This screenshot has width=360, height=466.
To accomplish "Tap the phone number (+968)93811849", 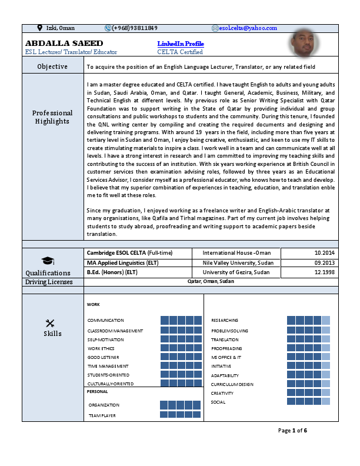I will point(134,28).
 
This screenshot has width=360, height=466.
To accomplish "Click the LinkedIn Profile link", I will point(181,44).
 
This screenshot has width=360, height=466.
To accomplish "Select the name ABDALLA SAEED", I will point(64,44).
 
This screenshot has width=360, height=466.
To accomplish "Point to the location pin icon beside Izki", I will point(39,28).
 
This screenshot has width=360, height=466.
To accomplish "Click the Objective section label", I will point(52,66).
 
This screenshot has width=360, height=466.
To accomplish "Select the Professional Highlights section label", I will point(52,117).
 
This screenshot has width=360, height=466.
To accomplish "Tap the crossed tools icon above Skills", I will point(49,322).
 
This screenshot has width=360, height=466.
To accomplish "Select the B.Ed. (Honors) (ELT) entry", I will point(118,272).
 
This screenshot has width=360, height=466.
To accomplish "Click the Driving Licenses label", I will point(49,282).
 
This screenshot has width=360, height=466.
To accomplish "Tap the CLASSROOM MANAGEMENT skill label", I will point(115,331).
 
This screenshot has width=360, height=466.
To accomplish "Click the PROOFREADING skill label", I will point(226,348).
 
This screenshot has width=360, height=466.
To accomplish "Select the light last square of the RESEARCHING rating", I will point(326,320).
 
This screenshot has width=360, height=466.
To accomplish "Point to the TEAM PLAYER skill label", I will point(102,415).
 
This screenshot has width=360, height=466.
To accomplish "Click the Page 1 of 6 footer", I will point(293,431).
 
